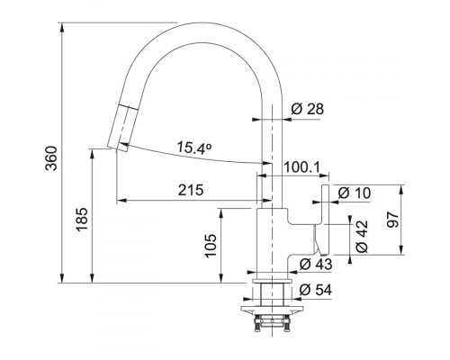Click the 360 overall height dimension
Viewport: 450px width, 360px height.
[51, 158]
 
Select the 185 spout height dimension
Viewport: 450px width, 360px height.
[82, 220]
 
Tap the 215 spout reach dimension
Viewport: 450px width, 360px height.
[191, 190]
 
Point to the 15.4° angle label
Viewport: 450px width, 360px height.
[194, 148]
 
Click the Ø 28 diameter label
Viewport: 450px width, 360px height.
[308, 109]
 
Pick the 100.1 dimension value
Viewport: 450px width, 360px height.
[302, 167]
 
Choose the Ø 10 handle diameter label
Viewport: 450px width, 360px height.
[355, 193]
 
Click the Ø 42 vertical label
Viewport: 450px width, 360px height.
[362, 237]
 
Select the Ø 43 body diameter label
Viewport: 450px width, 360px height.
[316, 265]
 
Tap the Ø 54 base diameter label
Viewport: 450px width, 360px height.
[316, 290]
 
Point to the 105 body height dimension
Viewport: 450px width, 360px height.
[211, 246]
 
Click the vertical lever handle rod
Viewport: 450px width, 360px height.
[326, 220]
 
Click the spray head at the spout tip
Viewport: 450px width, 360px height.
[120, 128]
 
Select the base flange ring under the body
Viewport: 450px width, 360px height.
[272, 281]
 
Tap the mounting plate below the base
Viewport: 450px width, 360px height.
[272, 309]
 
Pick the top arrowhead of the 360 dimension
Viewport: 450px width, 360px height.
[62, 27]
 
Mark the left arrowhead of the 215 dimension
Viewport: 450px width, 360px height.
[121, 200]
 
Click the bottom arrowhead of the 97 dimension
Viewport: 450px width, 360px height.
[400, 250]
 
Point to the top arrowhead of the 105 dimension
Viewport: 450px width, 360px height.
[221, 213]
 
